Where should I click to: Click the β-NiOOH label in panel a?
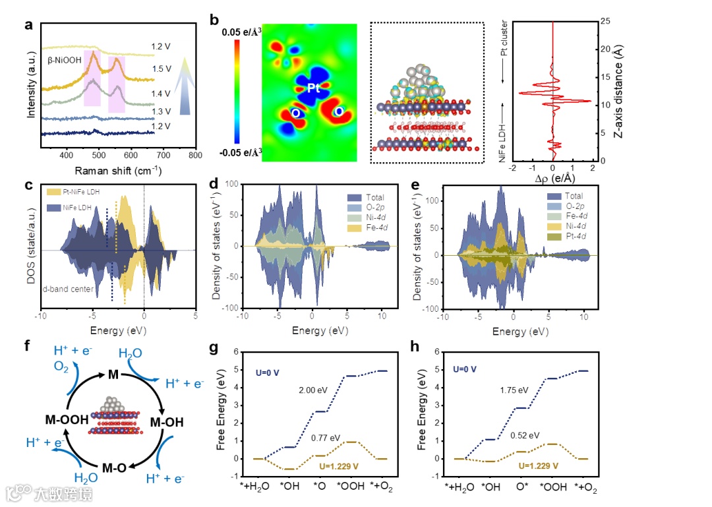69,60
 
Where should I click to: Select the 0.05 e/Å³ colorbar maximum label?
241,31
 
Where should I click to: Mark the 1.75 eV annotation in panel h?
514,390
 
